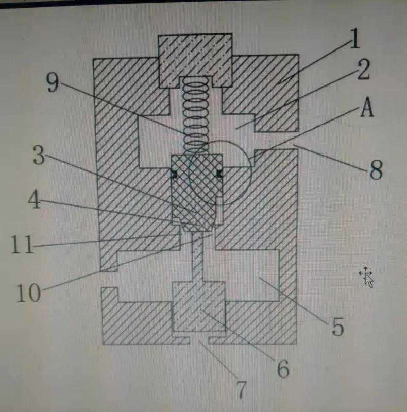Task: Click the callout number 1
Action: [x=354, y=38]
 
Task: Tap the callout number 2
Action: [x=364, y=70]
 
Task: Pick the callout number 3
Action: [x=39, y=155]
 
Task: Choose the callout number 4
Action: [x=35, y=199]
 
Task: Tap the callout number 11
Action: [x=22, y=244]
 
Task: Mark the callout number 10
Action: [x=29, y=293]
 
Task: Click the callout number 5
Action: [x=337, y=326]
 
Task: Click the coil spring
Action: [x=196, y=116]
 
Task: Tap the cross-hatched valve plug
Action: [x=197, y=193]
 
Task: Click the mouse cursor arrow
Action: [x=367, y=278]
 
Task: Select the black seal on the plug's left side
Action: [x=174, y=174]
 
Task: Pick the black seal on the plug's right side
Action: [x=219, y=174]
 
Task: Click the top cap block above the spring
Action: [x=195, y=61]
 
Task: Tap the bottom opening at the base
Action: [x=199, y=341]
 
